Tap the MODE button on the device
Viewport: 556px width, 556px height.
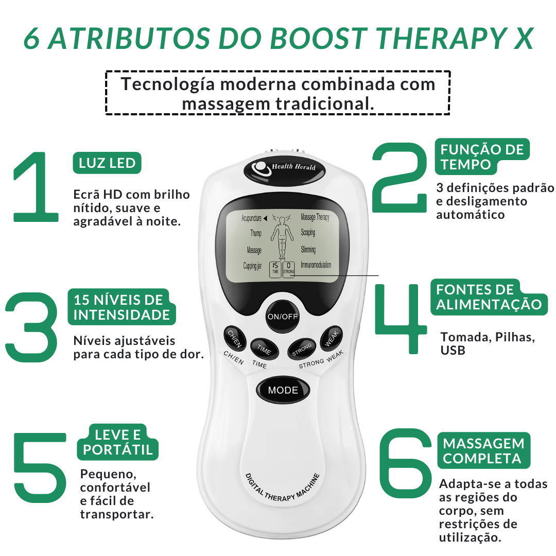(x=283, y=390)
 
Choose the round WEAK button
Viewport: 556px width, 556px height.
(x=331, y=339)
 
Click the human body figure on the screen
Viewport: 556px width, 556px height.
(x=281, y=237)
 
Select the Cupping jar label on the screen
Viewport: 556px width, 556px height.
(x=252, y=266)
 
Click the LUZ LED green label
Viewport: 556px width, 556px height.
(x=107, y=164)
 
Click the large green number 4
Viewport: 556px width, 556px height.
(x=400, y=318)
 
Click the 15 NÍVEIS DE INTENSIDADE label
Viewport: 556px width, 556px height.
(x=118, y=307)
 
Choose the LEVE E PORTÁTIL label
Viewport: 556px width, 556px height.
(x=118, y=442)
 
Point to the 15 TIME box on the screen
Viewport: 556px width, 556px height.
(x=275, y=268)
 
